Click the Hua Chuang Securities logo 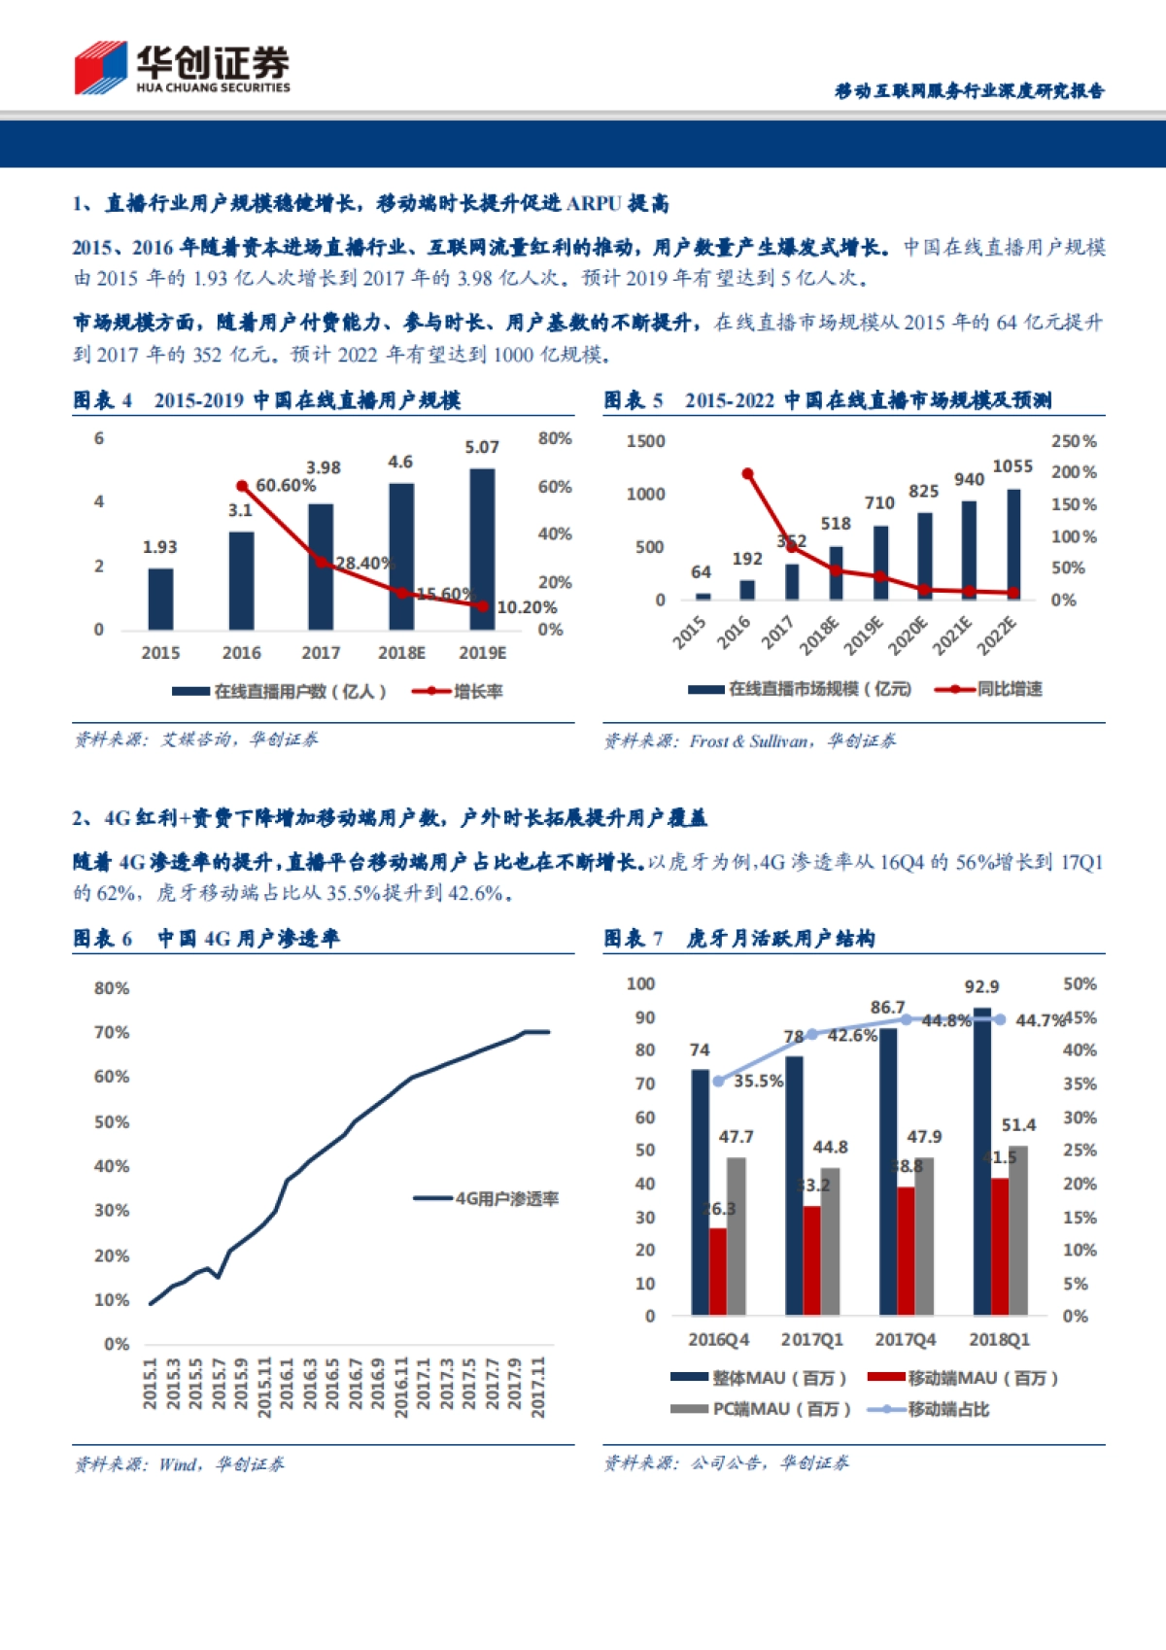(x=183, y=68)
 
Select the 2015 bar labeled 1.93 (x=160, y=599)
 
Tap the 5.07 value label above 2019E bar (x=482, y=447)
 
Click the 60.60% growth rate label (x=286, y=485)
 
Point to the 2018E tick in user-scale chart (x=401, y=653)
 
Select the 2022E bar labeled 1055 (x=1013, y=544)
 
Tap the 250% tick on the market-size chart (x=1074, y=441)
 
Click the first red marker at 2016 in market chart (x=747, y=474)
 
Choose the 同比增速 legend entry (x=989, y=689)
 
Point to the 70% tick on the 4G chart (x=112, y=1032)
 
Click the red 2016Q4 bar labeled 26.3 (x=718, y=1271)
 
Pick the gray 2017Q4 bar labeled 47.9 (x=924, y=1234)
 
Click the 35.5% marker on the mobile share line (x=718, y=1081)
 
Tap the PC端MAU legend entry (x=762, y=1409)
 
